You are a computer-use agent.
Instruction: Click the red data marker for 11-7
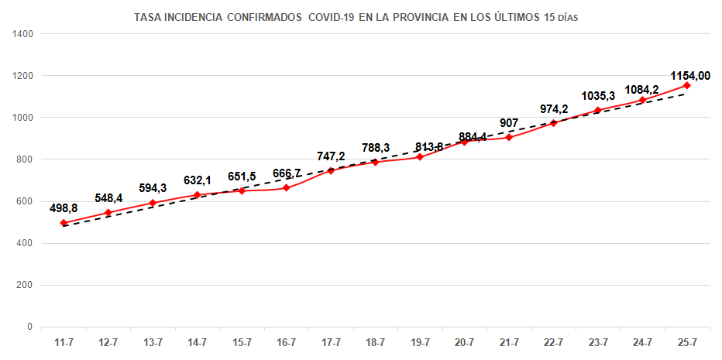[64, 223]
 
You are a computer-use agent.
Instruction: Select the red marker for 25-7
[686, 85]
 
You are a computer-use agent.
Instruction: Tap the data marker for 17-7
[331, 170]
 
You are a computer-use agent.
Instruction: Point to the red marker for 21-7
[509, 137]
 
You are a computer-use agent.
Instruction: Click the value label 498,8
[64, 208]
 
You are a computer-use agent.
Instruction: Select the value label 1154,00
[690, 76]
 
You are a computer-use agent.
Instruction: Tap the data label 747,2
[331, 156]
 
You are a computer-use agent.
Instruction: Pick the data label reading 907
[509, 122]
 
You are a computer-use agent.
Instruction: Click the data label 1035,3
[598, 96]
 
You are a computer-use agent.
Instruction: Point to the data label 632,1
[198, 180]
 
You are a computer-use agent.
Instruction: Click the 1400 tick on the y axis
[22, 34]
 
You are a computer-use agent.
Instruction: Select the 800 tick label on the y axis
[24, 159]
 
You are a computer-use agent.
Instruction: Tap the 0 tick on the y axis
[29, 327]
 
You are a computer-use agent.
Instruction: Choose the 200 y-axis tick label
[24, 285]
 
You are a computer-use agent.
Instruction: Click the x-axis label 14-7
[198, 341]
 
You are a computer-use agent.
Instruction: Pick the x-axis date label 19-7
[420, 341]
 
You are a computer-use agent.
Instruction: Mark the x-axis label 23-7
[598, 341]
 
